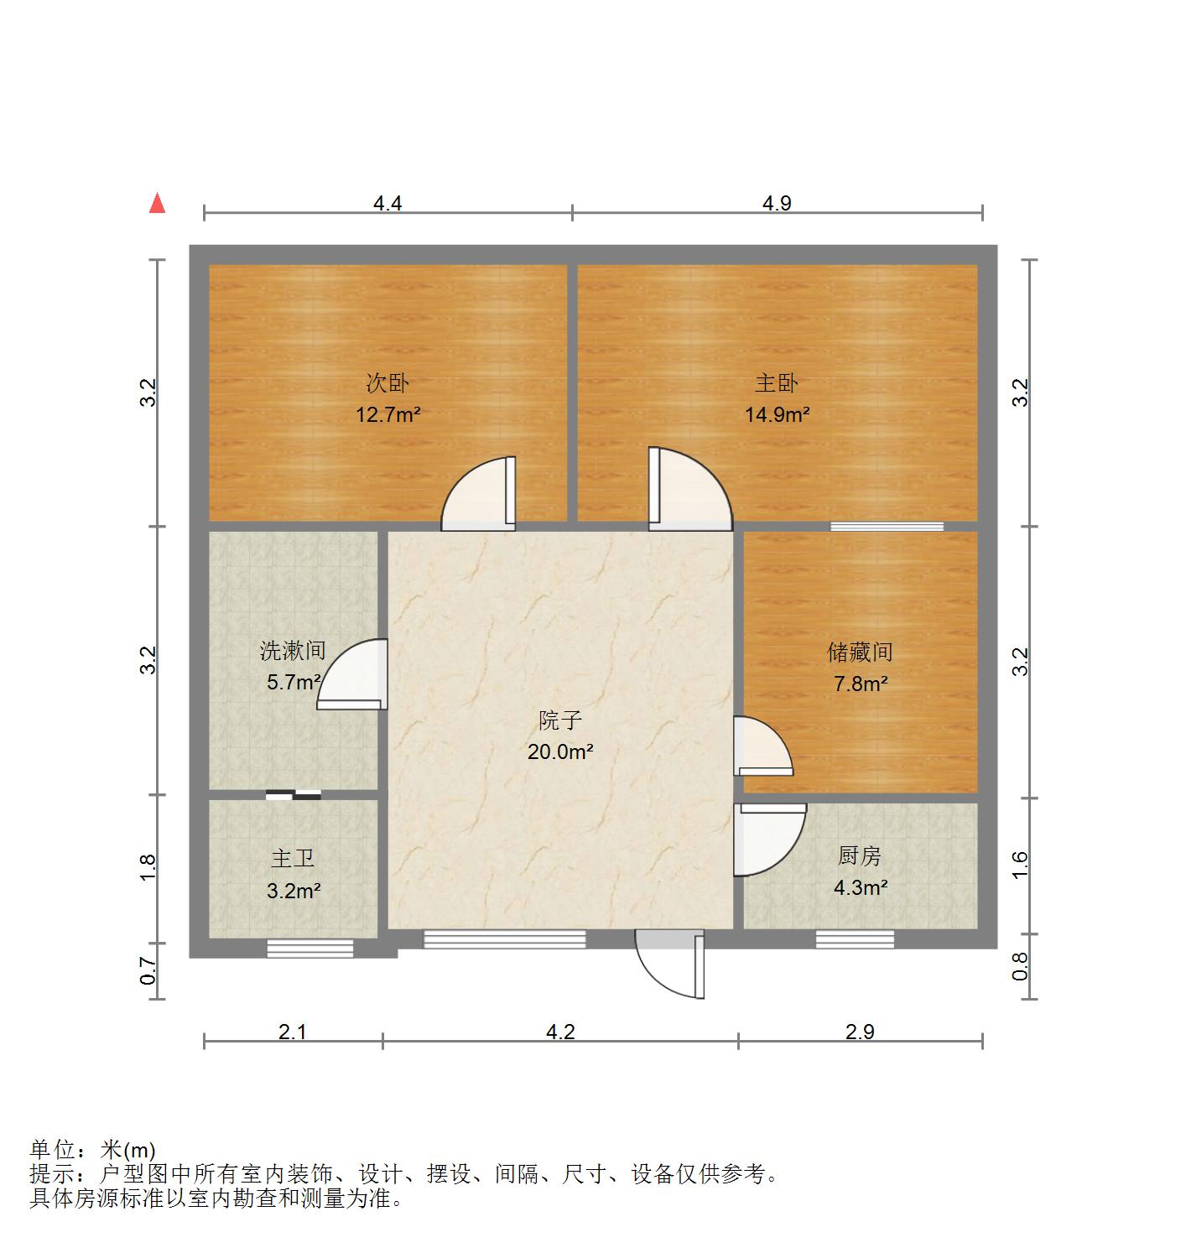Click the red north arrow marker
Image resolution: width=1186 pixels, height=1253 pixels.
click(x=157, y=204)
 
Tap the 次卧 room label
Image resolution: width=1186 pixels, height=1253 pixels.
click(x=388, y=383)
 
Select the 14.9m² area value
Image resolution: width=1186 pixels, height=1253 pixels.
click(x=778, y=413)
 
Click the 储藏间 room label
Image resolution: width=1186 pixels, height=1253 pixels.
click(x=860, y=652)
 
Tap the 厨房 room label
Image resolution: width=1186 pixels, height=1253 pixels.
click(x=860, y=856)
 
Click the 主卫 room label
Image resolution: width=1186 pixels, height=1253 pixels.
click(x=293, y=859)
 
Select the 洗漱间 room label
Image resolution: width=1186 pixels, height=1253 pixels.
click(x=293, y=650)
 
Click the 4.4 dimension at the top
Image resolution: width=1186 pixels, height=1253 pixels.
click(x=388, y=203)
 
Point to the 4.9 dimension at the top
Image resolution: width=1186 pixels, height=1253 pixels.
click(x=778, y=203)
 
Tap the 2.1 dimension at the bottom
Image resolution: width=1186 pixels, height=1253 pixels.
click(x=293, y=1032)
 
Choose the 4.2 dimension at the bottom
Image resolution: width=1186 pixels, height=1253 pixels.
click(x=560, y=1032)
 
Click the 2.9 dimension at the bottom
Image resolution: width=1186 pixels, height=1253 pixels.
click(x=860, y=1032)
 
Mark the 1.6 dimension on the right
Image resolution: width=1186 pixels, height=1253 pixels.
click(x=1020, y=865)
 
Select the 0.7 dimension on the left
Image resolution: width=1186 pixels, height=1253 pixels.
click(x=148, y=971)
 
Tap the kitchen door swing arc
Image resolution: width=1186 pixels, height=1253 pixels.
click(x=767, y=841)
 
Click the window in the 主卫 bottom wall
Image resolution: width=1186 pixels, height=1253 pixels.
click(x=310, y=949)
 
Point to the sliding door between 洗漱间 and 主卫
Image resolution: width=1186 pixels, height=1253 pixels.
click(x=294, y=794)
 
